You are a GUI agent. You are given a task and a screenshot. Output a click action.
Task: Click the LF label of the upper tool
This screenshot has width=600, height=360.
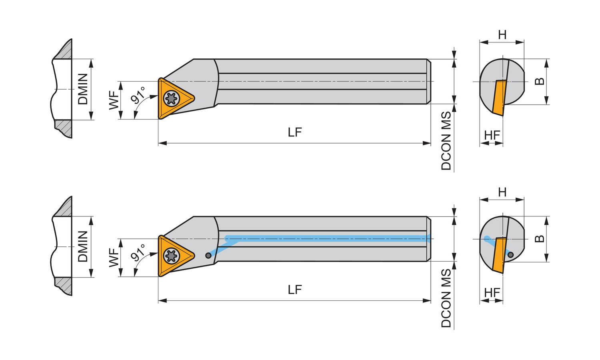click(295, 132)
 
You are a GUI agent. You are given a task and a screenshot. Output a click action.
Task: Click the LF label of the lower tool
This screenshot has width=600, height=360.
click(295, 290)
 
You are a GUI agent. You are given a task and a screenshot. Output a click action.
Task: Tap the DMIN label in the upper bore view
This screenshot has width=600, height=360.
click(83, 89)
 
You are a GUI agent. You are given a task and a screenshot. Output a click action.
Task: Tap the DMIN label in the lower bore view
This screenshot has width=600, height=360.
click(83, 246)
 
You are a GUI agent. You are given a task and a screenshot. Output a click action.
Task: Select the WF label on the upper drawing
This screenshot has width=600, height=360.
click(114, 100)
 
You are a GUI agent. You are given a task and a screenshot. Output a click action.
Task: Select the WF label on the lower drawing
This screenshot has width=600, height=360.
click(114, 258)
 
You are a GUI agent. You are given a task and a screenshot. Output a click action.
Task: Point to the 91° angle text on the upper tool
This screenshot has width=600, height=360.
click(138, 95)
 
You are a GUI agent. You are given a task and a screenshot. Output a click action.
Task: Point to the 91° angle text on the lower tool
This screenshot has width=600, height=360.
click(138, 252)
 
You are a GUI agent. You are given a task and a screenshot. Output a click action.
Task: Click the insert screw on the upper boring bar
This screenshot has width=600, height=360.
click(172, 98)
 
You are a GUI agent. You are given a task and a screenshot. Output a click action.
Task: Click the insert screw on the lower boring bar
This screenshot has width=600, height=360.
click(172, 256)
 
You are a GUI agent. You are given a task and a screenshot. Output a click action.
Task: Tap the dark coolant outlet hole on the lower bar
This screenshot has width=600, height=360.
click(208, 256)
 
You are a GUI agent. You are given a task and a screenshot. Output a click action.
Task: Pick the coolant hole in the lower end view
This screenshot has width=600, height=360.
click(510, 255)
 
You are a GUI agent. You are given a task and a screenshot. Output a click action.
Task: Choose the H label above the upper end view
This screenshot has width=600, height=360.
click(502, 35)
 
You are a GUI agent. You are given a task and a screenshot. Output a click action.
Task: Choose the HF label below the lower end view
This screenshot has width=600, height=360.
click(492, 293)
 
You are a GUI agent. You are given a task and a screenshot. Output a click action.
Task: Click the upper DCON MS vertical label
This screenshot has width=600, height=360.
click(446, 141)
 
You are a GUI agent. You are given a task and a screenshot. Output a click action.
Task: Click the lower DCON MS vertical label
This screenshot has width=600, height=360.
click(446, 299)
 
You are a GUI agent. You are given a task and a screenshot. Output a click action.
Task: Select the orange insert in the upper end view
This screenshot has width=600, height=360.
click(499, 98)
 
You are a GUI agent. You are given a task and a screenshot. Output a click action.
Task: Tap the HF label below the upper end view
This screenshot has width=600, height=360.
click(492, 135)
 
